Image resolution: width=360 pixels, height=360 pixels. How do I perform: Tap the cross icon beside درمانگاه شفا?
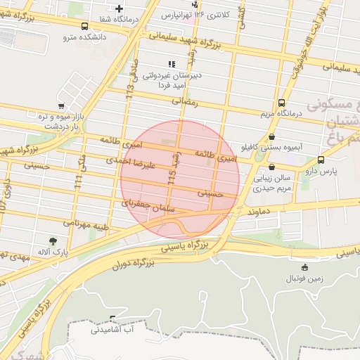pos(120,8)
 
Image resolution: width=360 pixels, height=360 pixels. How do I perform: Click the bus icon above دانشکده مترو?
pos(85,26)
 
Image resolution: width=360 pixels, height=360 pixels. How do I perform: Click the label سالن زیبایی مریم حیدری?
pos(271,183)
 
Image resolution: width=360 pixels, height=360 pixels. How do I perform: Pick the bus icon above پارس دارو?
pos(321,160)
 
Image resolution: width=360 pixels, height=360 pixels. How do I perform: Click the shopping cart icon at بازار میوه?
pos(61,106)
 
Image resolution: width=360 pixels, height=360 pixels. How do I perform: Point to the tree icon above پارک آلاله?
pos(53,240)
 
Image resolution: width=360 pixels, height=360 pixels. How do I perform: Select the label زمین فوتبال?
pos(304,278)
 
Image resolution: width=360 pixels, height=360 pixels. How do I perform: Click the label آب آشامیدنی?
pos(112,328)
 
